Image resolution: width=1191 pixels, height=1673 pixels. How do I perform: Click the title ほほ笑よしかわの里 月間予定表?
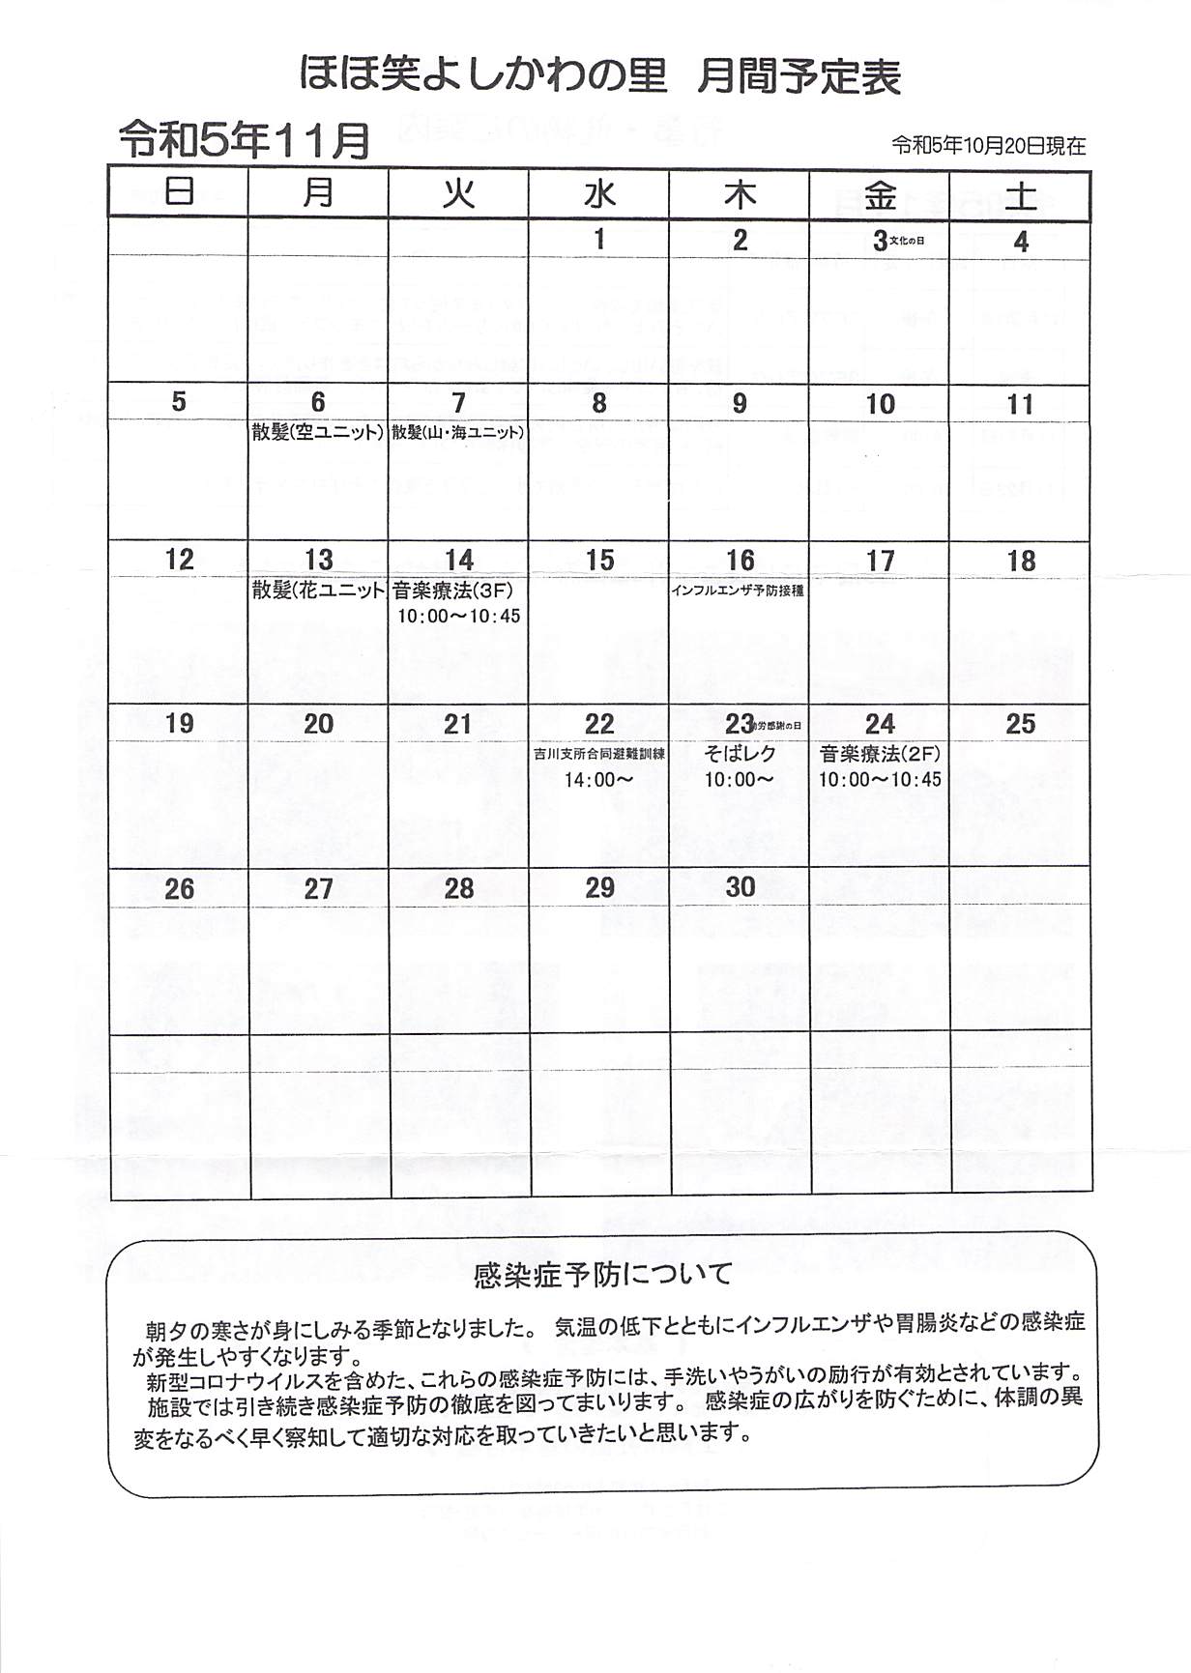pos(599,75)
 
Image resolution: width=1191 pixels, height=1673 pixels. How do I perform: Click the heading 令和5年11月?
pos(244,141)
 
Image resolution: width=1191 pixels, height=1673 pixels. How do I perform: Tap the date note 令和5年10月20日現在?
pos(988,146)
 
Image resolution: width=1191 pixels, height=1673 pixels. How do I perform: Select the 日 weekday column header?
pos(179,194)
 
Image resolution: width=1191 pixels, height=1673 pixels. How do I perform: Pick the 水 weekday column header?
pos(599,194)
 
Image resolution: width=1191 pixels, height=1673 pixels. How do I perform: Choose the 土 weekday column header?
pos(1021,196)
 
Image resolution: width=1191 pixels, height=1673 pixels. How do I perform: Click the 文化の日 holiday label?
pos(906,240)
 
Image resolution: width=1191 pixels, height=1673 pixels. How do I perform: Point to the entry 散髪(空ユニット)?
pos(318,432)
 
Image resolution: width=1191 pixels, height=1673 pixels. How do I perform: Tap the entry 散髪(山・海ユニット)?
pos(458,432)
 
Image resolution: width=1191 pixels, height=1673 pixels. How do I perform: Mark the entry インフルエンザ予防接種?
pos(738,591)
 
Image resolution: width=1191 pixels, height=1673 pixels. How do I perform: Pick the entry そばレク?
pos(740,754)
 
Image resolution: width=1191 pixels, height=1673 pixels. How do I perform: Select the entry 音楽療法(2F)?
pos(880,754)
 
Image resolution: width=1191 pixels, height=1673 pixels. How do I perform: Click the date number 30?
pos(741,887)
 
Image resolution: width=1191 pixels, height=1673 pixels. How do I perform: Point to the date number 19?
pos(180,723)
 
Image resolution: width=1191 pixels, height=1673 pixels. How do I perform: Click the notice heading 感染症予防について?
pos(603,1275)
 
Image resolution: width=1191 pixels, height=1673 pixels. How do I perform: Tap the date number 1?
pos(599,239)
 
